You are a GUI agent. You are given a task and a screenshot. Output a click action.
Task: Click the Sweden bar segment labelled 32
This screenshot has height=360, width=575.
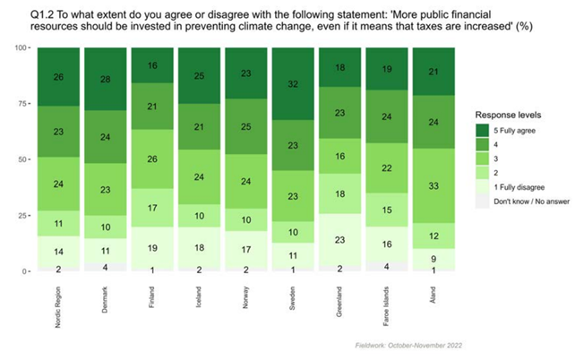point(291,85)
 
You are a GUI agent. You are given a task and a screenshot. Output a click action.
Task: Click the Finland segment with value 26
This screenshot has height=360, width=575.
point(151,159)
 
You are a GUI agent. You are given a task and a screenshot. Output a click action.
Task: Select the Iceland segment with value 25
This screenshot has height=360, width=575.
point(198,76)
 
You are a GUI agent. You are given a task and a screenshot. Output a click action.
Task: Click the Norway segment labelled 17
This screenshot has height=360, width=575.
point(245,247)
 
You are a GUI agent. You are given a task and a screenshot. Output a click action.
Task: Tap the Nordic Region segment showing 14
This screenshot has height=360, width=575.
point(58,252)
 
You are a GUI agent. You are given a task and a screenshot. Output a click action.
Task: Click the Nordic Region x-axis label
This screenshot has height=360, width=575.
point(59,299)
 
